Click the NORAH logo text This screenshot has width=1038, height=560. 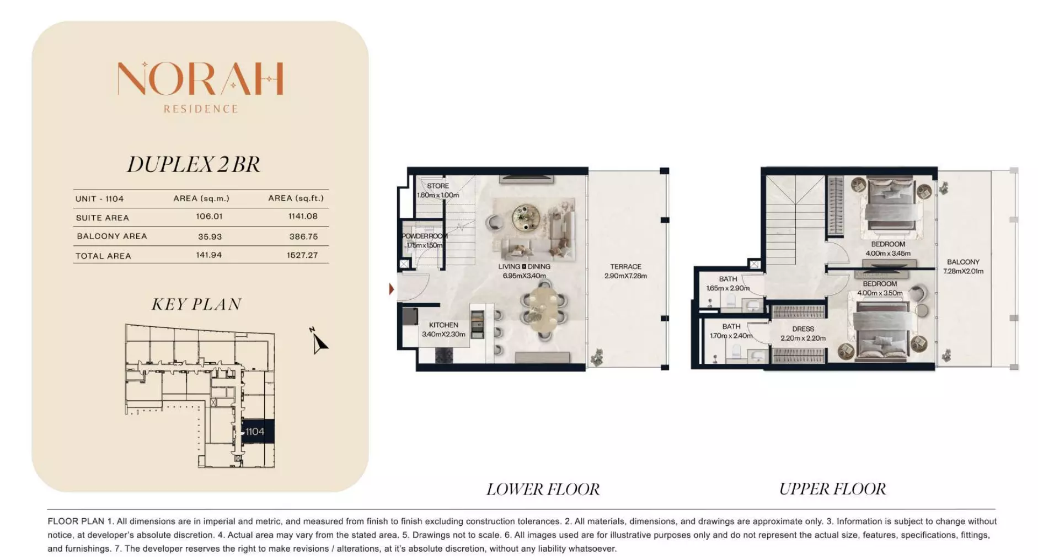(x=200, y=78)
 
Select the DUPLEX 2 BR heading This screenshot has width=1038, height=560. (x=194, y=164)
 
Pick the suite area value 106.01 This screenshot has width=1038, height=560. (x=209, y=217)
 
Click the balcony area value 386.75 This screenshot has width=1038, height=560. (x=303, y=236)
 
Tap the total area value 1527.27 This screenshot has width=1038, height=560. (x=302, y=255)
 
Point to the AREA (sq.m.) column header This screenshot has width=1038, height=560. (x=201, y=198)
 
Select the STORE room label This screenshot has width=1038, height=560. (x=438, y=186)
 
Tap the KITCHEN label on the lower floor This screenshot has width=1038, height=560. (x=443, y=325)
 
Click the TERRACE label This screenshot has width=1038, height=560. (x=625, y=267)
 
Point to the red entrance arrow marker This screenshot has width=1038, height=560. (x=392, y=289)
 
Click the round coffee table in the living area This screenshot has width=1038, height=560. (x=526, y=217)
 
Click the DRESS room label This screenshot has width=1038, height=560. (x=803, y=329)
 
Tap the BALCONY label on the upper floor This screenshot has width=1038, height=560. (x=963, y=262)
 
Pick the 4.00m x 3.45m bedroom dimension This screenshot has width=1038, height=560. (x=888, y=254)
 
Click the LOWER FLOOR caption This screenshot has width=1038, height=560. (x=543, y=489)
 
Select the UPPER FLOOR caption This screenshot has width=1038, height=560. (x=832, y=489)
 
